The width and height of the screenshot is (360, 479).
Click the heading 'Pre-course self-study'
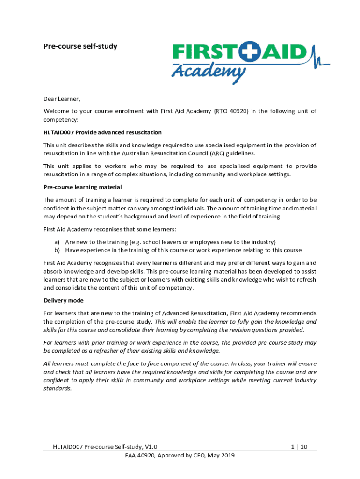(80, 46)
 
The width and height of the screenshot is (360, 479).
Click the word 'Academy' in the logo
(209, 72)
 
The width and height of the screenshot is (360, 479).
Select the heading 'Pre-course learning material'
(83, 187)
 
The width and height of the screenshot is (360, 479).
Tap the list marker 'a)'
(57, 242)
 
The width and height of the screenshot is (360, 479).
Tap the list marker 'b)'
(57, 250)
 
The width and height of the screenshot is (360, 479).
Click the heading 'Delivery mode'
(64, 300)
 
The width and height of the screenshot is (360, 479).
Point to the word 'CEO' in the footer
(198, 455)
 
